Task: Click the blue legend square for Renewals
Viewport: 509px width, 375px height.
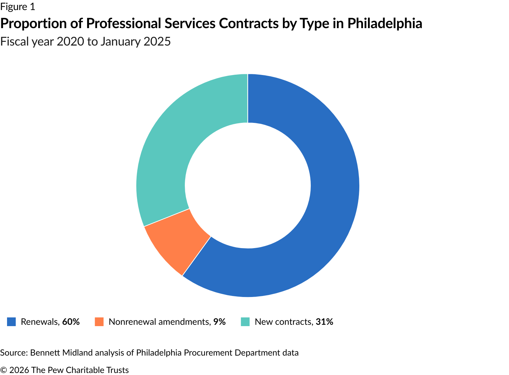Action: click(x=11, y=322)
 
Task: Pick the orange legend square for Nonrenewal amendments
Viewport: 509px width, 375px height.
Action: click(x=99, y=322)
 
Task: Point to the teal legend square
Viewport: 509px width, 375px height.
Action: click(x=245, y=322)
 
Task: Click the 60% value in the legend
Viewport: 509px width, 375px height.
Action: click(x=71, y=322)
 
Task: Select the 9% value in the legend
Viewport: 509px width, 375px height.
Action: click(x=220, y=322)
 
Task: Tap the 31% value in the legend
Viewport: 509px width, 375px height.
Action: click(x=324, y=322)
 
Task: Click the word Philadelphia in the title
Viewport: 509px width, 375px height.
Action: click(x=385, y=24)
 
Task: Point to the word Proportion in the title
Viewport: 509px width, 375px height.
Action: click(x=33, y=24)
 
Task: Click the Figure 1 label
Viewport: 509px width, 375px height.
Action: click(x=18, y=7)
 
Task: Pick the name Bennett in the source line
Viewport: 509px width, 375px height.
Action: click(x=45, y=353)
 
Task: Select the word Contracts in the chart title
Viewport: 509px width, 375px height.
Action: click(x=249, y=24)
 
